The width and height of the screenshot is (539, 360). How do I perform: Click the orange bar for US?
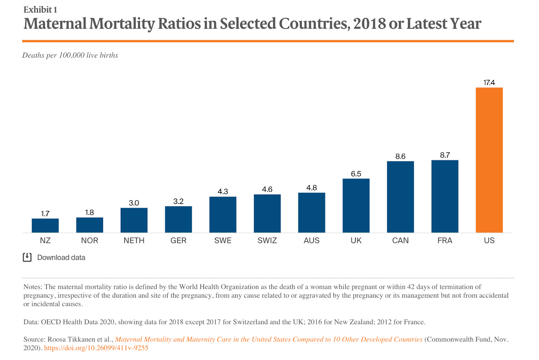(489, 160)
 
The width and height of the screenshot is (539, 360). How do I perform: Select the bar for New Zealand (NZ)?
(45, 226)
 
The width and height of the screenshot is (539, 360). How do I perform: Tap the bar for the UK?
(356, 206)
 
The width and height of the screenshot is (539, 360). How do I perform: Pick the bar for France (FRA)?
(445, 196)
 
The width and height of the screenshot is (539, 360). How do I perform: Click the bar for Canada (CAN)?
(400, 197)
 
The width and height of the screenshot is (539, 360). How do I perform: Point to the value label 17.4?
(489, 83)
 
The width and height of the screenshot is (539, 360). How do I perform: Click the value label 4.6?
(267, 189)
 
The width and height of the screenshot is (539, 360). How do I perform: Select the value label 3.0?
(134, 203)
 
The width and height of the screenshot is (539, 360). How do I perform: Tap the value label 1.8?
(89, 212)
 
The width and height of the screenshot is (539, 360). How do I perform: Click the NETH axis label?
(134, 240)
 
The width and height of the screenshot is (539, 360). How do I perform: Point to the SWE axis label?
(223, 240)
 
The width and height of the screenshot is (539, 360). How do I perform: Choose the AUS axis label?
(312, 240)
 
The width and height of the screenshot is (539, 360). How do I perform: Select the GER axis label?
(178, 240)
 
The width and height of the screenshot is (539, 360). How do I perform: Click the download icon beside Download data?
(27, 258)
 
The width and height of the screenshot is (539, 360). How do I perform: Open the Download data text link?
(61, 258)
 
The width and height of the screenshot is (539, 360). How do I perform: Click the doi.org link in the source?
(96, 348)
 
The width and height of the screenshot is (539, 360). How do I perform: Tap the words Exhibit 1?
(40, 10)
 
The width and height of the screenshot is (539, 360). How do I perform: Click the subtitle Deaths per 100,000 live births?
(70, 55)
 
